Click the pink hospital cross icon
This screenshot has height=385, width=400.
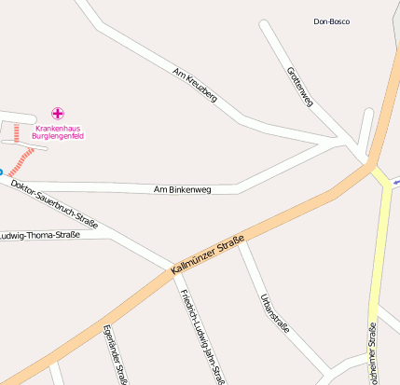[58, 114]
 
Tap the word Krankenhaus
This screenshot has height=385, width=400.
[58, 128]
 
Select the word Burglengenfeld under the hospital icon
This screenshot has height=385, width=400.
[58, 136]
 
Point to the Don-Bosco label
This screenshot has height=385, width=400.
[332, 21]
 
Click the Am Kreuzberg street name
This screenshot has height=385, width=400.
[196, 84]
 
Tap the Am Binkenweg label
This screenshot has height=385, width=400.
[183, 189]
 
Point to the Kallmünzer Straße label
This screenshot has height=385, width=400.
[208, 255]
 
